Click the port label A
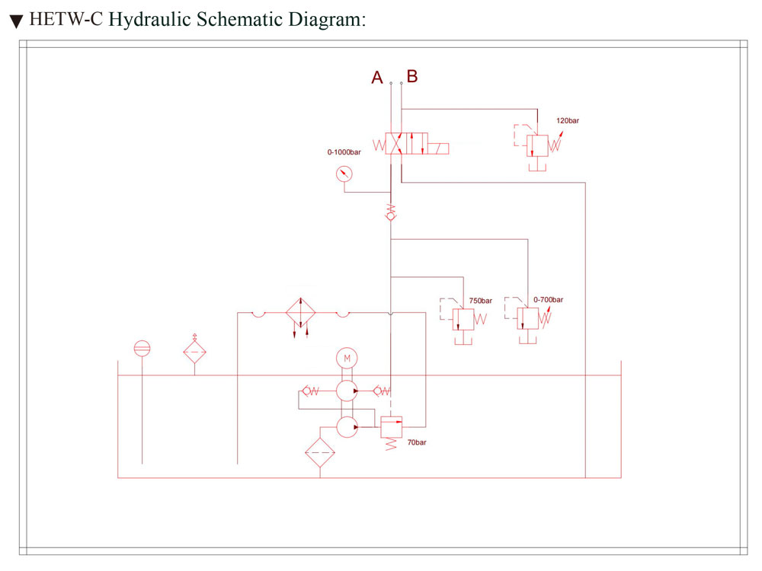(377, 78)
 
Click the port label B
(412, 76)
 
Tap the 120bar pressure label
(568, 120)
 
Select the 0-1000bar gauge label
(344, 152)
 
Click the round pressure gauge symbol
(344, 174)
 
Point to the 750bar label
(481, 301)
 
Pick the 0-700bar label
(548, 299)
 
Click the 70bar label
(417, 442)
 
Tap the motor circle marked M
(347, 359)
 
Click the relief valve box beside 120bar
(537, 145)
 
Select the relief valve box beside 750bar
(463, 320)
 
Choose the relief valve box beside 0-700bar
(528, 318)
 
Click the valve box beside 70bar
(391, 427)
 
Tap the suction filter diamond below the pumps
(320, 452)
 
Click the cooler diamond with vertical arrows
(300, 312)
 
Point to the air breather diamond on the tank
(195, 352)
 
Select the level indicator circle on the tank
(142, 349)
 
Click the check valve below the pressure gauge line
(391, 212)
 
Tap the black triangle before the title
(17, 22)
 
